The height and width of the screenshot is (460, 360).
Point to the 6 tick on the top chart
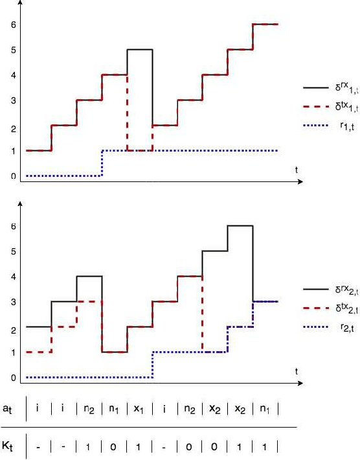(12, 25)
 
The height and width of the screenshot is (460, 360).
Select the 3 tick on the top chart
(12, 100)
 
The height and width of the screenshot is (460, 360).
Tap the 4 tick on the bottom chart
(12, 277)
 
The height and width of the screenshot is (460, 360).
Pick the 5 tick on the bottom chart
(12, 252)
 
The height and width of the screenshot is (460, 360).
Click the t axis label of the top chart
(297, 169)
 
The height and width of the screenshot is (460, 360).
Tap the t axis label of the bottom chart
(297, 371)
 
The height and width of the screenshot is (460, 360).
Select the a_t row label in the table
(8, 409)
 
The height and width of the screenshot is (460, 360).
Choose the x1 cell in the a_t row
(139, 409)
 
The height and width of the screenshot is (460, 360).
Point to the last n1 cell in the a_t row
(265, 409)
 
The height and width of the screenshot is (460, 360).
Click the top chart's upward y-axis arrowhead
(21, 3)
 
